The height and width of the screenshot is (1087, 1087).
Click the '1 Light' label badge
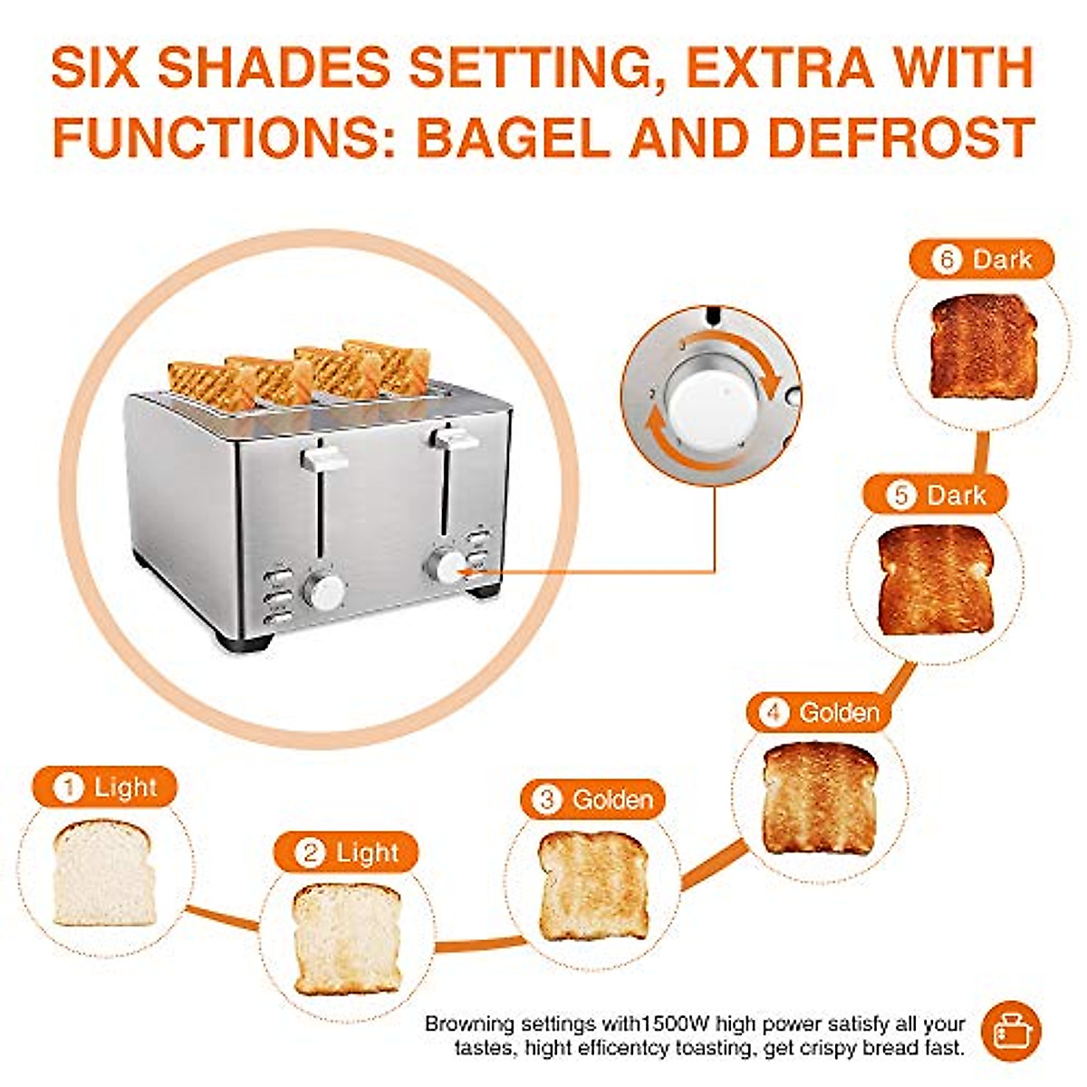coord(104,787)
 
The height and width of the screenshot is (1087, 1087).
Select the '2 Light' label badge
coord(347,852)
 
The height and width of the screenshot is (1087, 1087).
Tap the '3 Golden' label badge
coord(592,800)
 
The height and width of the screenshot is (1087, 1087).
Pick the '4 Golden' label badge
coord(819,713)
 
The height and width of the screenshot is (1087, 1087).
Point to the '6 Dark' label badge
coord(982,259)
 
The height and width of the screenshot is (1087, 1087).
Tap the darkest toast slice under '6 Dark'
coord(982,345)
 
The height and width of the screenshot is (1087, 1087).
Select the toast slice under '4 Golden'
coord(820,798)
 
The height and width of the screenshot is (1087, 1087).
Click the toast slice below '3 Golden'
coord(593,885)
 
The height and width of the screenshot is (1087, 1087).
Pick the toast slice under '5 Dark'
coord(936,580)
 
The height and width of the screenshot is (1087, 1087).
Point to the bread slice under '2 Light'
coord(347,938)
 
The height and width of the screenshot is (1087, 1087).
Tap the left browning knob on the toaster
coord(324,589)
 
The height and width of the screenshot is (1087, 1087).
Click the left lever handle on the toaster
coord(324,457)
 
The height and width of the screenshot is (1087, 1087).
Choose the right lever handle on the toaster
coord(455,438)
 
